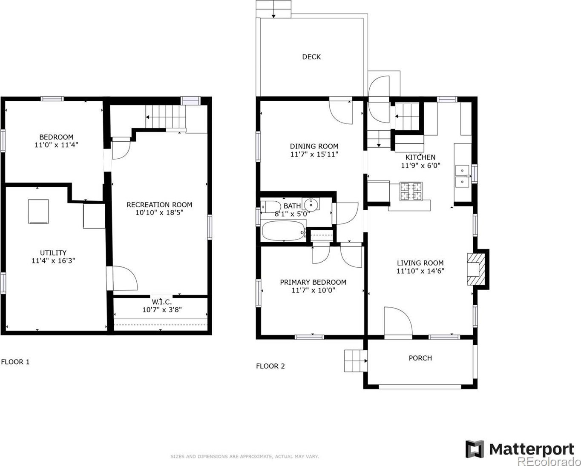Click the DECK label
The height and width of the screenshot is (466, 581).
pyautogui.click(x=311, y=57)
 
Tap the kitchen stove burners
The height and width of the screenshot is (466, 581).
pyautogui.click(x=411, y=192)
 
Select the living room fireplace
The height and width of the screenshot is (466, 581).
pyautogui.click(x=478, y=269)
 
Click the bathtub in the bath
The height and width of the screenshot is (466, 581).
pyautogui.click(x=284, y=230)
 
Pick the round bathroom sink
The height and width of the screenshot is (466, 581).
pyautogui.click(x=311, y=204)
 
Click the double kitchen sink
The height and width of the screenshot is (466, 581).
pyautogui.click(x=462, y=176)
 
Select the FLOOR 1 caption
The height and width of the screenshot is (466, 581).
pyautogui.click(x=15, y=362)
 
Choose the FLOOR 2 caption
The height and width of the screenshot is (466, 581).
pyautogui.click(x=270, y=366)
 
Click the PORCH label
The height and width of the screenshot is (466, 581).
pyautogui.click(x=420, y=358)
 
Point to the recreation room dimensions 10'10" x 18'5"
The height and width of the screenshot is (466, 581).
pyautogui.click(x=159, y=212)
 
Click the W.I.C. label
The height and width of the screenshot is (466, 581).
pyautogui.click(x=161, y=302)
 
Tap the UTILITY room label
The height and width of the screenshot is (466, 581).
pyautogui.click(x=53, y=252)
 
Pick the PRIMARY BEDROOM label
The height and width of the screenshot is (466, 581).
pyautogui.click(x=313, y=282)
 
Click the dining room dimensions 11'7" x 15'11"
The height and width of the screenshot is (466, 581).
pyautogui.click(x=314, y=154)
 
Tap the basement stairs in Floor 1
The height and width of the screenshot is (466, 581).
pyautogui.click(x=166, y=117)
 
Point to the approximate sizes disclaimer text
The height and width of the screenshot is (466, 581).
pyautogui.click(x=244, y=457)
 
